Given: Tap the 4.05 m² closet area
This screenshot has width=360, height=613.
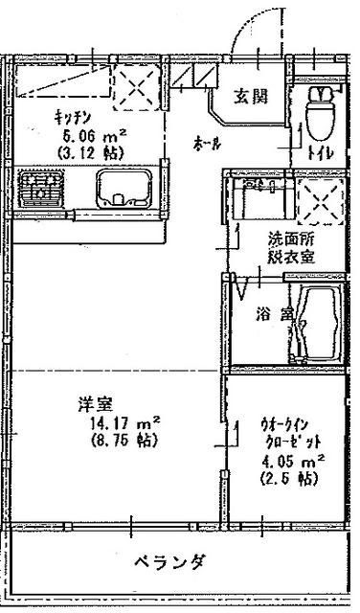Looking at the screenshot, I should point(289,461).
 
